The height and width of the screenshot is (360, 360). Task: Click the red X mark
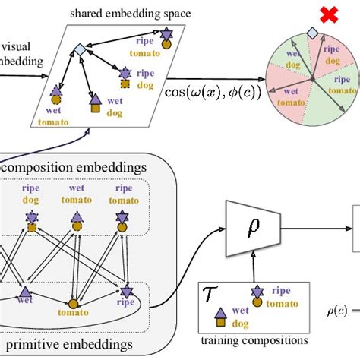307,14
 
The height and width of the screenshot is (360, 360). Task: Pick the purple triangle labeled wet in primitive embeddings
25,291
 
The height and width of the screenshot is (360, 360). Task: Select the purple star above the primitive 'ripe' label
125,289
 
